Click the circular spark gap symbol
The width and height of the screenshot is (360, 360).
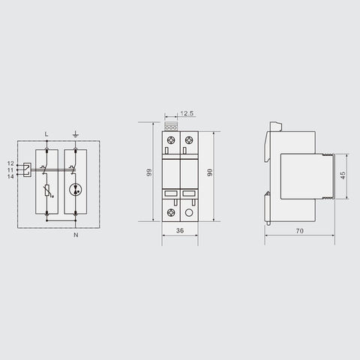76,189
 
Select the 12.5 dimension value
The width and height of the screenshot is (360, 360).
188,115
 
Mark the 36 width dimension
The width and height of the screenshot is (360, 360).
180,232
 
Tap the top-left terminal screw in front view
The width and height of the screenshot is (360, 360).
172,140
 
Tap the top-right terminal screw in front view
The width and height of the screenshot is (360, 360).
189,140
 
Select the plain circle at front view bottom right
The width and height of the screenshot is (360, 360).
189,212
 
